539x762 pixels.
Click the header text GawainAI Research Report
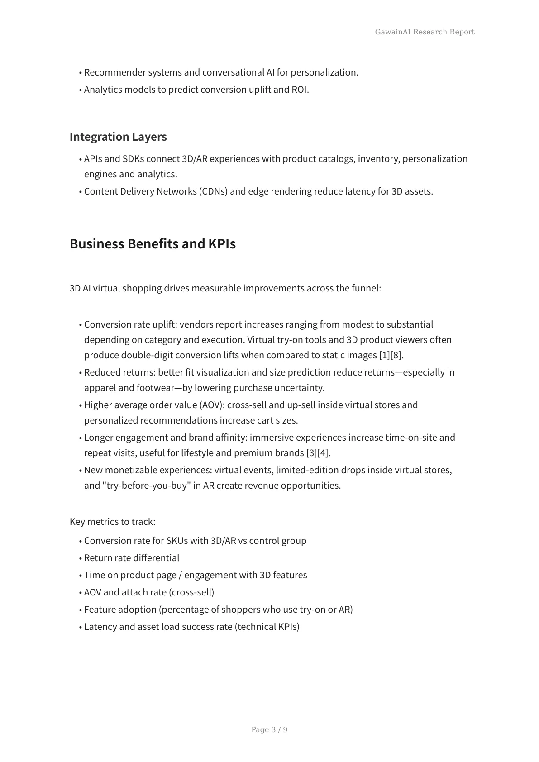point(425,32)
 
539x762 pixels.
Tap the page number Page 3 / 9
point(269,729)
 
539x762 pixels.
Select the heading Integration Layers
point(118,137)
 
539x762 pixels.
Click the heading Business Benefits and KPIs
point(153,244)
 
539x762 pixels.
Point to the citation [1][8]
point(391,355)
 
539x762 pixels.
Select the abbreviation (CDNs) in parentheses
point(213,191)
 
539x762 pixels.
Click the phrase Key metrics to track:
point(112,522)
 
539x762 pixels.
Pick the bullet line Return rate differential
point(132,558)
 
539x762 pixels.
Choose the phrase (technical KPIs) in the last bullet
point(267,627)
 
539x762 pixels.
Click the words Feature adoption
point(120,610)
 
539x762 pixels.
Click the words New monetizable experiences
point(148,470)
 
